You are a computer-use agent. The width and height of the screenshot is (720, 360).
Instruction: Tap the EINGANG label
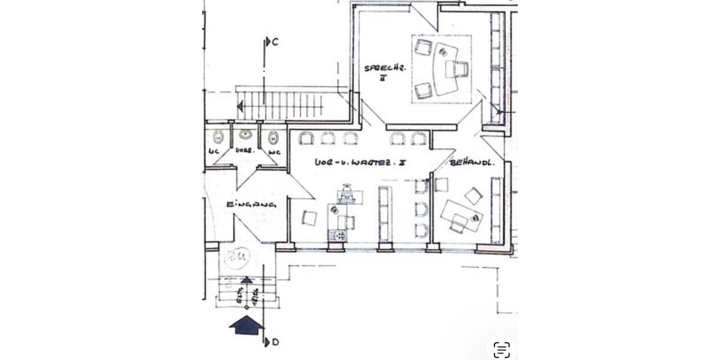(251, 205)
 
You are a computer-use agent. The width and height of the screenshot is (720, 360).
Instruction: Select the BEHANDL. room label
(472, 162)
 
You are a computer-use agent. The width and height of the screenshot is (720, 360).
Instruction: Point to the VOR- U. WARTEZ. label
(361, 163)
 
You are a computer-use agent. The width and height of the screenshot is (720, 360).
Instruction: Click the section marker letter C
(275, 42)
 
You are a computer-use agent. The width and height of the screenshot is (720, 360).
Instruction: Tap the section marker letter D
(275, 342)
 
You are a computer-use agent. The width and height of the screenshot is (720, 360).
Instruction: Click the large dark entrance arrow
(246, 325)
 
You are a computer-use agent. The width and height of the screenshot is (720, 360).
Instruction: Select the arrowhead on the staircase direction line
(241, 107)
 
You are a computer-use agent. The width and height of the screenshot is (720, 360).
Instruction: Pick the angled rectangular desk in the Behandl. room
(461, 215)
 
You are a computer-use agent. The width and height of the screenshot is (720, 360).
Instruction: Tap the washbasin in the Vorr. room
(245, 135)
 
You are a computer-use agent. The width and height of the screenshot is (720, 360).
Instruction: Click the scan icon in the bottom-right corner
(502, 349)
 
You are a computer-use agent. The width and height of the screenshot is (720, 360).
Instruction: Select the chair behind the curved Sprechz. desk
(461, 69)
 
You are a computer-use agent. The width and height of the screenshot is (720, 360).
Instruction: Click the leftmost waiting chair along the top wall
(306, 139)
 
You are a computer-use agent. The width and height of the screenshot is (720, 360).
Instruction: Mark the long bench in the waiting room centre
(385, 213)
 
